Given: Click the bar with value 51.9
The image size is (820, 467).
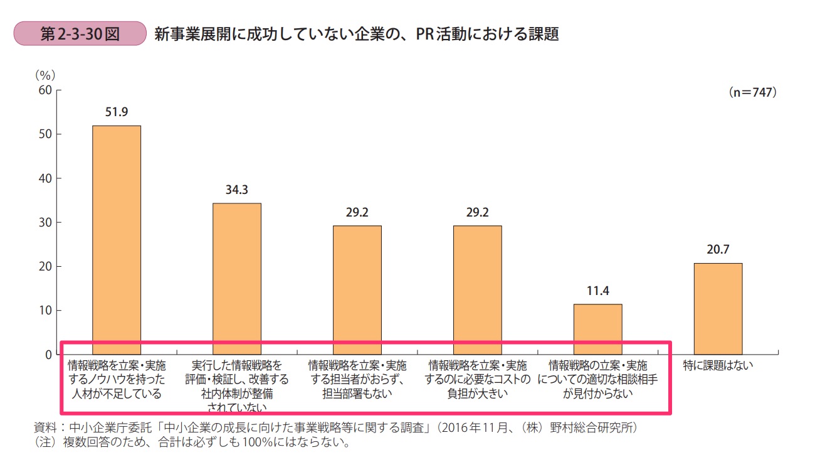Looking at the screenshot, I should (117, 240).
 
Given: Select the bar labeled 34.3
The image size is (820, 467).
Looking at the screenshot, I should (237, 279).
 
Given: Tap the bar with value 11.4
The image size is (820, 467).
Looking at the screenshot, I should (598, 329).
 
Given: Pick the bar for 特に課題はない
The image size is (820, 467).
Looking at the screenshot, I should (718, 309).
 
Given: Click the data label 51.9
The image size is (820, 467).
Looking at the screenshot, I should (117, 113).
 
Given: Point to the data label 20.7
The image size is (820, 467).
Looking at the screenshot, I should (718, 250).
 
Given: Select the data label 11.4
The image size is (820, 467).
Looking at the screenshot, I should (598, 291).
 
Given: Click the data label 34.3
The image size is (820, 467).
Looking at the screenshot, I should (237, 190).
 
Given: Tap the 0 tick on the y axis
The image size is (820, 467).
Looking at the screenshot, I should (47, 355).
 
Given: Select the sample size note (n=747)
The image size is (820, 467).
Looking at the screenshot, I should (752, 92).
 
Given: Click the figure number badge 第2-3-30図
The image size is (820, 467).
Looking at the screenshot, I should (80, 34).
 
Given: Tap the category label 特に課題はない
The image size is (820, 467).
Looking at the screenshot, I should (718, 365).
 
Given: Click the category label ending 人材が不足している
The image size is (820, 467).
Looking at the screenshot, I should (117, 380).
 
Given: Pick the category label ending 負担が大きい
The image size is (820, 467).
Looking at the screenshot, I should (478, 380).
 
